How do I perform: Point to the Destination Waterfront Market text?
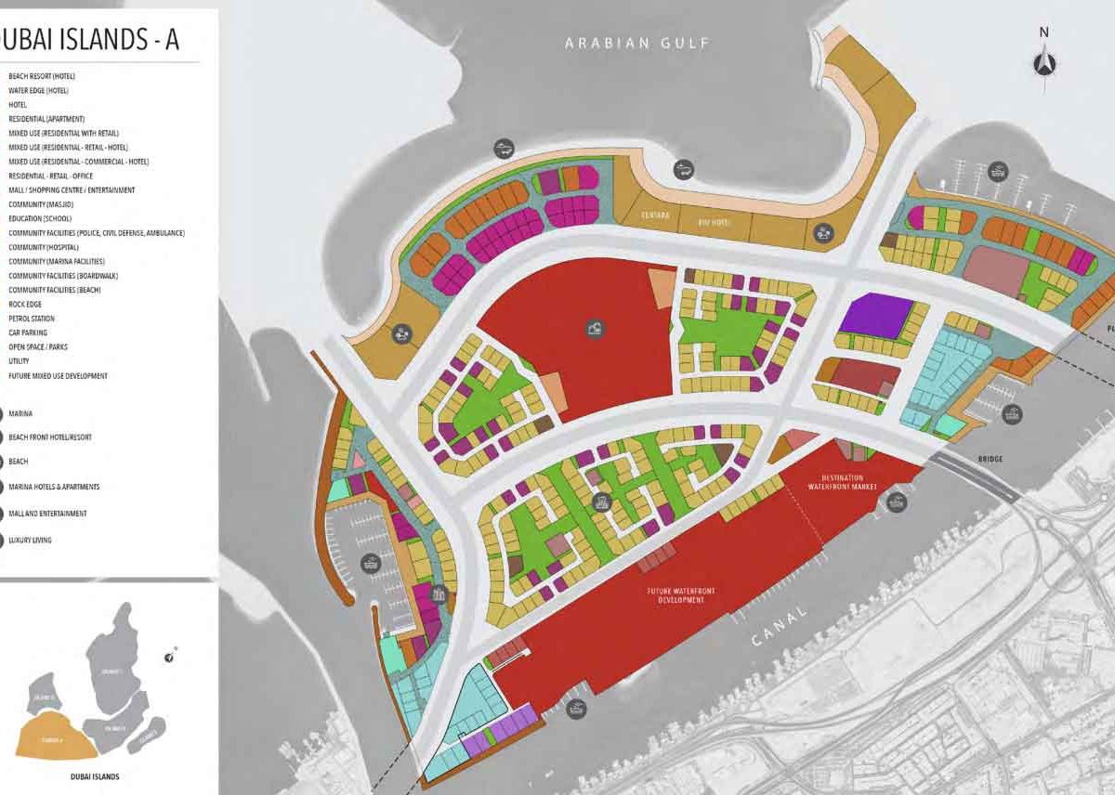[x=837, y=482]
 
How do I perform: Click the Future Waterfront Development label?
[x=676, y=595]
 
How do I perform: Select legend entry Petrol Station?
[x=33, y=319]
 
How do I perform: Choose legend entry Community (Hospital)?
[x=56, y=247]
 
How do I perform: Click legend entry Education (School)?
[x=52, y=218]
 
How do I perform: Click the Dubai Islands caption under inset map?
[x=94, y=775]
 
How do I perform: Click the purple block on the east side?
[x=877, y=316]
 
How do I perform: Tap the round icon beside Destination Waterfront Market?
[x=896, y=502]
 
